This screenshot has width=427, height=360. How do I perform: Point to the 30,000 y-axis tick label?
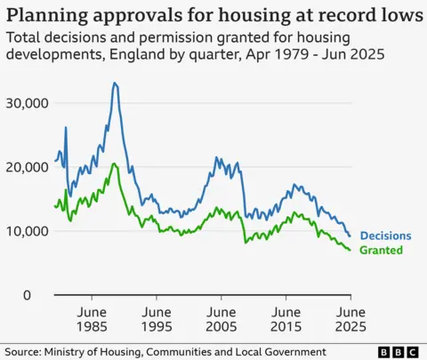(28, 103)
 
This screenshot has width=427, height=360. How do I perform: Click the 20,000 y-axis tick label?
(28, 167)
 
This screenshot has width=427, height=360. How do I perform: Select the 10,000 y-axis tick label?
(28, 231)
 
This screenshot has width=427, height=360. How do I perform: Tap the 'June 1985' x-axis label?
(93, 321)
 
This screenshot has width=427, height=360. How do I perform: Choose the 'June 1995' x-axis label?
(157, 321)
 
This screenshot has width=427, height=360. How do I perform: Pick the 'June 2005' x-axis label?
(222, 321)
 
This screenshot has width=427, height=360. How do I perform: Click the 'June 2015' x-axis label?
(286, 321)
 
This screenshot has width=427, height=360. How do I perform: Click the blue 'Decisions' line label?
(385, 236)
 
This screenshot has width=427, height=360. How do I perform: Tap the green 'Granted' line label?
(381, 251)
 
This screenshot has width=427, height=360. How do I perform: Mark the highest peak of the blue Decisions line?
(114, 83)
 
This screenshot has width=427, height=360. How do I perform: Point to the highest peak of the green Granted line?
(114, 164)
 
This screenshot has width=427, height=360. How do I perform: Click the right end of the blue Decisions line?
(350, 236)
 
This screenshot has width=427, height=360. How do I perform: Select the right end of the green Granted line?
(350, 250)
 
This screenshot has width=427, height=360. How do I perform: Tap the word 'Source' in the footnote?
(23, 351)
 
